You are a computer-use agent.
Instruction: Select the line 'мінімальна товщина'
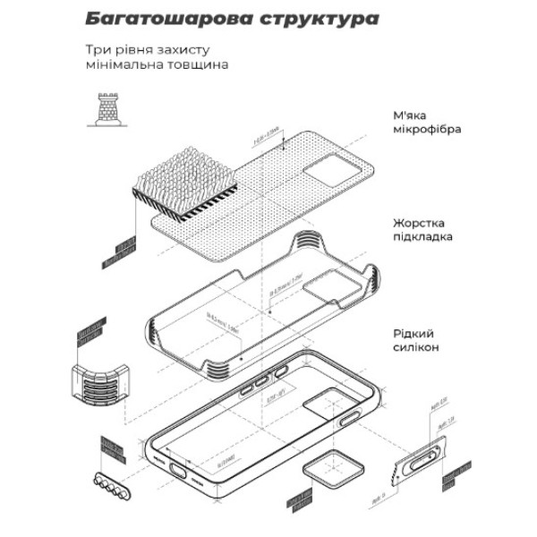point(157,65)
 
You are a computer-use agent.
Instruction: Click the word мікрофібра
point(426,129)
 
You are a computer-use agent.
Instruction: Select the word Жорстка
point(418,222)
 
